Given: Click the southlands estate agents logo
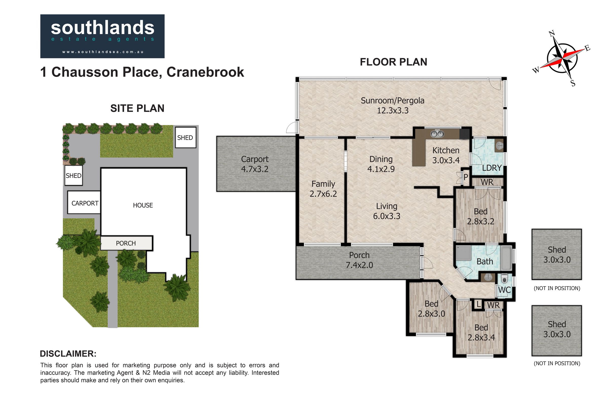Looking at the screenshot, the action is point(102,36).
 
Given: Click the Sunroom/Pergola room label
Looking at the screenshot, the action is point(392,105).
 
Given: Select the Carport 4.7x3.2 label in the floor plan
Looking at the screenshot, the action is point(255,164).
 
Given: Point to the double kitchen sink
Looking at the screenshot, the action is point(437,134).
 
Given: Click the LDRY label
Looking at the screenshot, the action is point(492,168).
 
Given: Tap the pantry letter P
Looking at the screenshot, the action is point(466,177).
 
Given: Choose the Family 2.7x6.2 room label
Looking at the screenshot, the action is point(323,189).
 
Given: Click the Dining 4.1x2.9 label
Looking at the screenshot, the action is point(381,164).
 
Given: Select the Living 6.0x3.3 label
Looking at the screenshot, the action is point(387,211).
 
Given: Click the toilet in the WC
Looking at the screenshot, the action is point(504,279).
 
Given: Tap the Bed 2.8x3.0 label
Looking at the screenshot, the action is point(431,309).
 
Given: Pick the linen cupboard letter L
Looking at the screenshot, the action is point(479,305).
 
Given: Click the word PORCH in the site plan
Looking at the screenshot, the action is point(126,243).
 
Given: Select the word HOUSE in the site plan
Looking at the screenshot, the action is point(143,205).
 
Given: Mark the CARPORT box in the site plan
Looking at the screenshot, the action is point(84,202).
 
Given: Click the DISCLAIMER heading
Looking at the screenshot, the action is point(68,354).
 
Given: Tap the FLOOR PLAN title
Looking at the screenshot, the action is point(393,62).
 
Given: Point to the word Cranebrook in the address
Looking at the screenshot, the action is point(205,72).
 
